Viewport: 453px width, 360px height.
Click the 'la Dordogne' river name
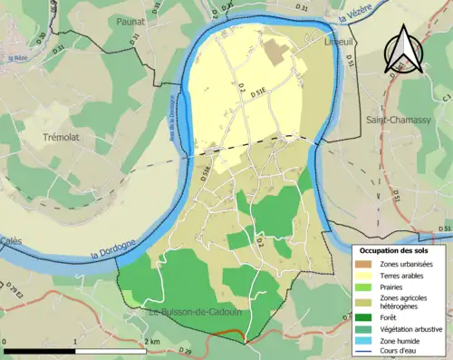click(x=112, y=247)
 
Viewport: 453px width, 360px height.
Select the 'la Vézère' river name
click(x=355, y=15)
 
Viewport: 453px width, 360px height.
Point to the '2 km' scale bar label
click(x=152, y=341)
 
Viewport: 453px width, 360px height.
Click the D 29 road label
click(x=186, y=349)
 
